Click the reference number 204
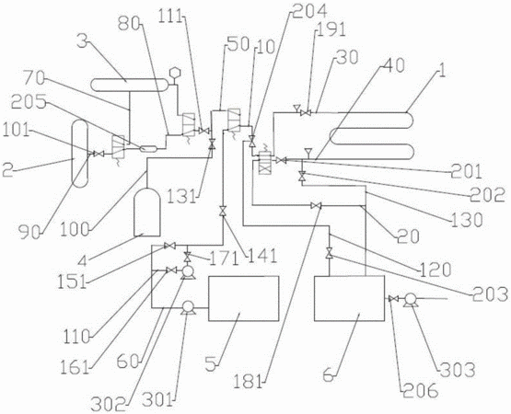tap(310, 12)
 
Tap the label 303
tap(458, 370)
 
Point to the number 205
tap(28, 103)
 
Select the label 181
tap(248, 381)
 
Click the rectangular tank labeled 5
tap(244, 298)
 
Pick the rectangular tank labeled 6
tap(349, 298)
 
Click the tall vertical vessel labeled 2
tap(80, 154)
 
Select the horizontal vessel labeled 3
tap(130, 85)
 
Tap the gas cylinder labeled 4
tap(147, 212)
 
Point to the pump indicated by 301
tap(188, 308)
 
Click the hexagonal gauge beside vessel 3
tap(175, 73)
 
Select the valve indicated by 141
tap(223, 211)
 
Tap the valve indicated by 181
tap(316, 205)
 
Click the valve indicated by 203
tap(329, 253)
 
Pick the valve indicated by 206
tap(394, 298)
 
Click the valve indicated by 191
tap(306, 113)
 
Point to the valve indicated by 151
tap(169, 246)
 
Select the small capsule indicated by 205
tap(149, 149)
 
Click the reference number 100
tap(75, 230)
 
